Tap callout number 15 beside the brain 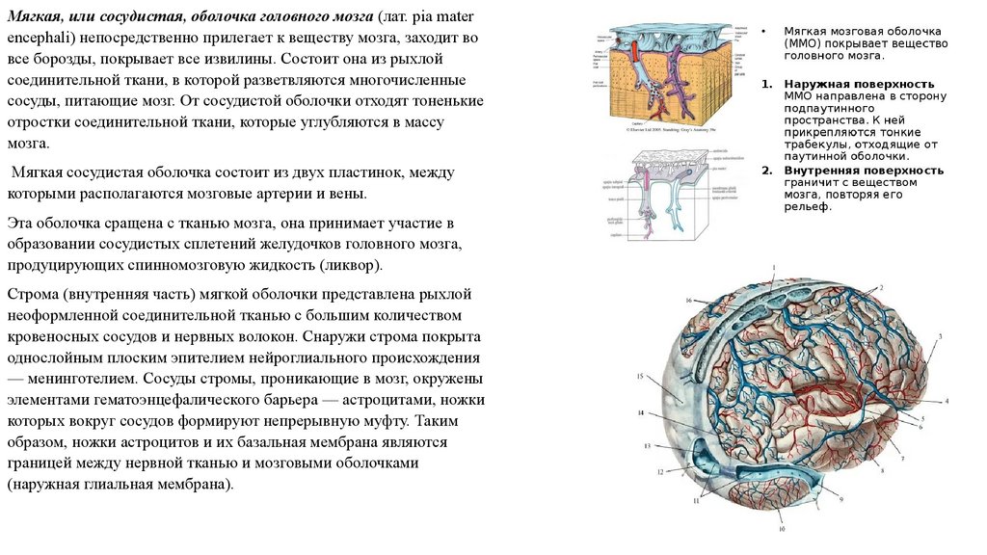[x=639, y=375]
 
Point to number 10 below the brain [x=783, y=529]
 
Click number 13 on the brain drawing [x=648, y=444]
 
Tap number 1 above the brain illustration [x=773, y=267]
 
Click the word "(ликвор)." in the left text [x=351, y=263]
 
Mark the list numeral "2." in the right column [x=767, y=170]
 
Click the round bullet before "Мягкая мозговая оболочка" [x=764, y=31]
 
